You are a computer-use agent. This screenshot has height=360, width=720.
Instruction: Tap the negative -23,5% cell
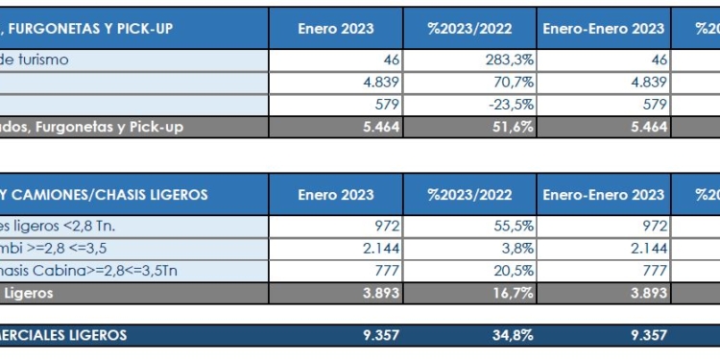511,104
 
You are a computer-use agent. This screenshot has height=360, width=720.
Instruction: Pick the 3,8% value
516,249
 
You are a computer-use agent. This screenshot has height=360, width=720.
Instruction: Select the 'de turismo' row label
48,60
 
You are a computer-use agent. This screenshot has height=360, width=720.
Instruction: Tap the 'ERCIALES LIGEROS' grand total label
63,335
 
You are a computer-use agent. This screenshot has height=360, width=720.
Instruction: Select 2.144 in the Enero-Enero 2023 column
648,249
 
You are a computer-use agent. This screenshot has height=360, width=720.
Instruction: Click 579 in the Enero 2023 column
386,104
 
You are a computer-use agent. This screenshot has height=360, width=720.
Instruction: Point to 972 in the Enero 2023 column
386,227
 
